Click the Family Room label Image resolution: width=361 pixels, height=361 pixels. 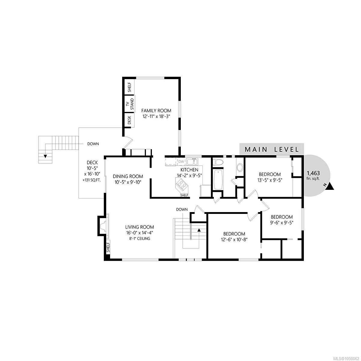click(156, 110)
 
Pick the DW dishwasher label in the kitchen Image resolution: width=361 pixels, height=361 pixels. click(181, 162)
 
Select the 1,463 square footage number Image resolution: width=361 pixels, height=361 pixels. click(313, 173)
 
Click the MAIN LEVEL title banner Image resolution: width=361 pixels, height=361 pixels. click(272, 149)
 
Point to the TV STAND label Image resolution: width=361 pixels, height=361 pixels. click(130, 104)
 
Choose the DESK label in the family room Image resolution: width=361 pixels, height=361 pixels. click(129, 120)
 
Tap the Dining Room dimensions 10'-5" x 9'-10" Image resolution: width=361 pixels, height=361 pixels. click(128, 182)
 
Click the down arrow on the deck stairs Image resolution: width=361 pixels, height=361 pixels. click(45, 156)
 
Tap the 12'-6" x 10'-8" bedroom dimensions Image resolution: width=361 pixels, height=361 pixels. click(234, 239)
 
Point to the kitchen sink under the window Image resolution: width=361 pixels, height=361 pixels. click(192, 162)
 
